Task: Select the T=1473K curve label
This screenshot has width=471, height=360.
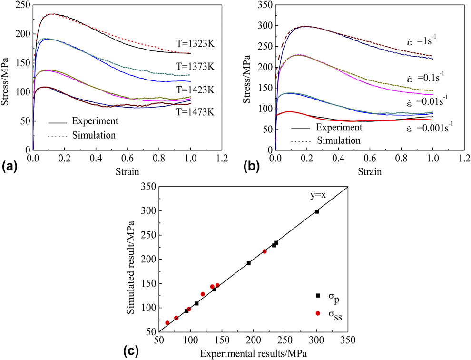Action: [x=195, y=111]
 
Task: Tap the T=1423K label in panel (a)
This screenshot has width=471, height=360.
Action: [x=195, y=90]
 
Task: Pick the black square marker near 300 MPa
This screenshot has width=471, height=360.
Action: [x=317, y=211]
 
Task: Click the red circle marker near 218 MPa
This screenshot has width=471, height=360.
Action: [x=265, y=251]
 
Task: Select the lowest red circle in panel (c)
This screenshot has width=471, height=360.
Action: [x=167, y=323]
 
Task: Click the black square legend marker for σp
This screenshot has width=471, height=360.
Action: [x=317, y=296]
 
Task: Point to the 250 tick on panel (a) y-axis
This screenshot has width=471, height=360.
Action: [x=23, y=5]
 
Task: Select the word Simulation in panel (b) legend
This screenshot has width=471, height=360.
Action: [x=338, y=140]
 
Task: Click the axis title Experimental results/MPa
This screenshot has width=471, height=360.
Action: [x=253, y=354]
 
